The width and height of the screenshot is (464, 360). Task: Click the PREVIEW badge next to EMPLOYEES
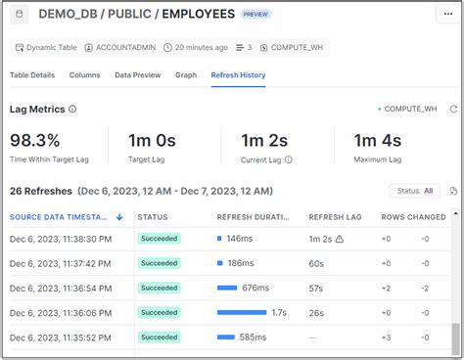tap(255, 15)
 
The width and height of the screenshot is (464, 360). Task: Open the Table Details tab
tap(32, 75)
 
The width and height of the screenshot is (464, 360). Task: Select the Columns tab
tap(84, 75)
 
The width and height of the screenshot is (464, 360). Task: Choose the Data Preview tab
tap(137, 75)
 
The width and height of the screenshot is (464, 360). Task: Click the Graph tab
tap(186, 75)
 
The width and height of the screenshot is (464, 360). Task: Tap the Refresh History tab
tap(238, 75)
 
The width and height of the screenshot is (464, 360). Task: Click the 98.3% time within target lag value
tap(34, 140)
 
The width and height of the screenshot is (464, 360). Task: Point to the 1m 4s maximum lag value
tap(379, 140)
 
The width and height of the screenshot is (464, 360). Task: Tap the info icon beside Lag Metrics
tap(72, 110)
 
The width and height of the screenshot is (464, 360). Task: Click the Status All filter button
tap(415, 191)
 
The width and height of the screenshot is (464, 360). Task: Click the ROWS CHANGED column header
tap(413, 216)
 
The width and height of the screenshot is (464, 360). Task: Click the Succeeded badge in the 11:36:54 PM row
tap(159, 288)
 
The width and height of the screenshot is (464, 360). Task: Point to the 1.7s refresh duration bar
tap(241, 312)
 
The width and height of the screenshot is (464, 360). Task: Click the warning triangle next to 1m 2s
tap(339, 239)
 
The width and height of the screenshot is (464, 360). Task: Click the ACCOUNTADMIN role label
tap(125, 47)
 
